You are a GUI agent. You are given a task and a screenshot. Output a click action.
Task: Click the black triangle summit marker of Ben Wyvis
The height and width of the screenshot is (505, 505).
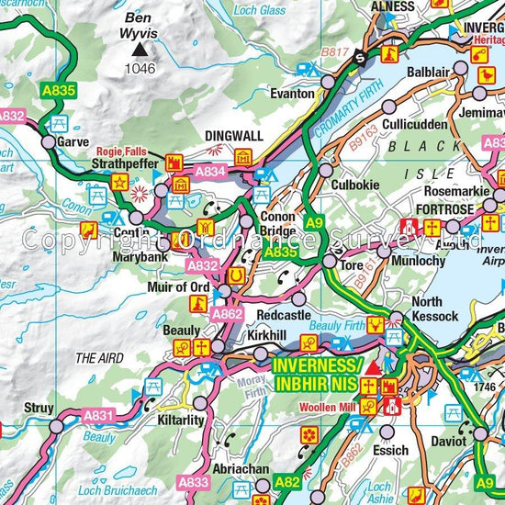(x=140, y=50)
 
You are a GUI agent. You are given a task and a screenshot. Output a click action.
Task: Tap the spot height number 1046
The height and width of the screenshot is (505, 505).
(x=140, y=68)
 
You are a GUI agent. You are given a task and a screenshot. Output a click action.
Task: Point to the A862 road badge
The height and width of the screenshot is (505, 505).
(x=227, y=314)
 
